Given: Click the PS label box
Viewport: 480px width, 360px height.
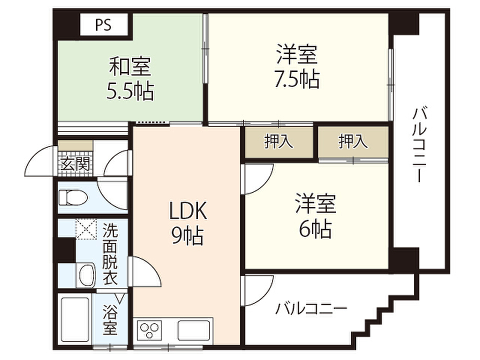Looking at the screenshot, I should pyautogui.click(x=104, y=24).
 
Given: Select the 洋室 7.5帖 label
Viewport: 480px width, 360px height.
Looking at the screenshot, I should pyautogui.click(x=297, y=67).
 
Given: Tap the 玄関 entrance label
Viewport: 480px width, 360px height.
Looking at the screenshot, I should pyautogui.click(x=75, y=164).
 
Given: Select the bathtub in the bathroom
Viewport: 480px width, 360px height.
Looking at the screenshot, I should pyautogui.click(x=75, y=317).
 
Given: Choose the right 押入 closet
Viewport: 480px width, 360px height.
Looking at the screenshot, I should pyautogui.click(x=353, y=142).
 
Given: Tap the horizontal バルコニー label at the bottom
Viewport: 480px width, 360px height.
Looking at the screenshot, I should pyautogui.click(x=311, y=308).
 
